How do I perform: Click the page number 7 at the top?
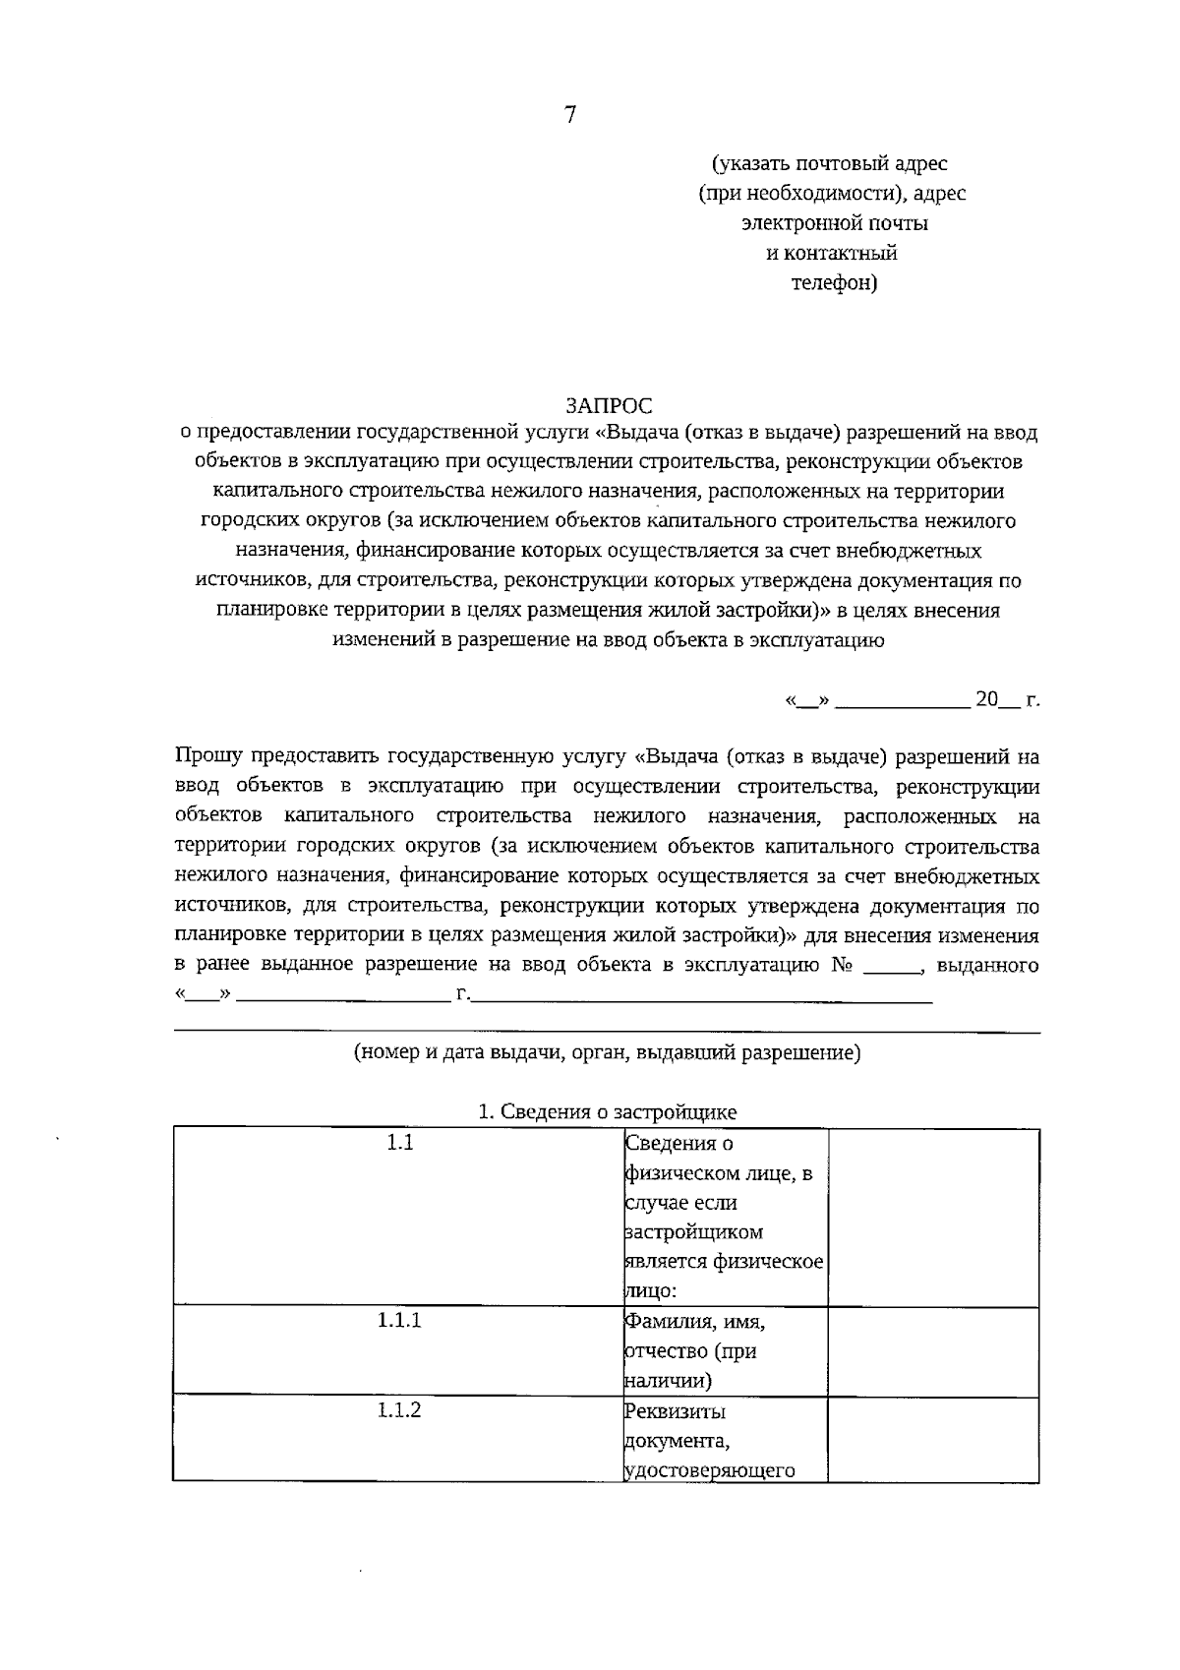[570, 115]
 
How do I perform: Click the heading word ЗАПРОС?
[609, 405]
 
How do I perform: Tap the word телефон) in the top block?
[834, 283]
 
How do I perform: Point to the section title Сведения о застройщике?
[607, 1112]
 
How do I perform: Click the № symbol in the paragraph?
[842, 965]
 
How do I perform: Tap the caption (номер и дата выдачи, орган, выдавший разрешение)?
[607, 1052]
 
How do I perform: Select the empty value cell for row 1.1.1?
[933, 1350]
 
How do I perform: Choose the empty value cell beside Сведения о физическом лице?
[933, 1218]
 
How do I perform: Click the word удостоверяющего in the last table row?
[709, 1471]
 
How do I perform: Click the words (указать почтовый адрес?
[830, 163]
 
